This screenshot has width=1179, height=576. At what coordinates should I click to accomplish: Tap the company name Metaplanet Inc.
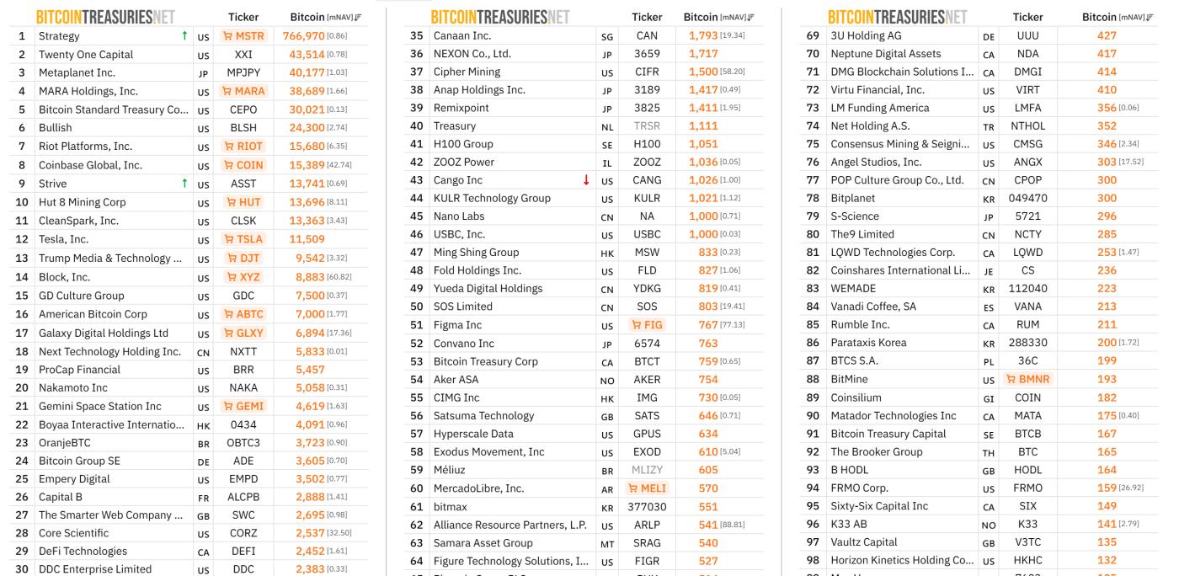pos(77,73)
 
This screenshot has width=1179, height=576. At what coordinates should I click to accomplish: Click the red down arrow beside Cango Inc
pos(586,180)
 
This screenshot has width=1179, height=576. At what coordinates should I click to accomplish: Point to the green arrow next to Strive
pos(184,184)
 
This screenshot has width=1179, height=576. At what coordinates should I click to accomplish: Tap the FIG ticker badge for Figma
pos(647,325)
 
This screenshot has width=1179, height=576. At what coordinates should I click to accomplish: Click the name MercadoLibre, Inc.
pos(478,488)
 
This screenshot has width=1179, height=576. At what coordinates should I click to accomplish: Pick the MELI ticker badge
pos(647,488)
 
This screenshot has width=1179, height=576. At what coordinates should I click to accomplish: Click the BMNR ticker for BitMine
pos(1027,379)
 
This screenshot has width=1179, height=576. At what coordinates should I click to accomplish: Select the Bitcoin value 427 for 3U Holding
pos(1107,35)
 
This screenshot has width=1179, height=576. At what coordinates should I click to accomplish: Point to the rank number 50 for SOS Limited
pos(416,307)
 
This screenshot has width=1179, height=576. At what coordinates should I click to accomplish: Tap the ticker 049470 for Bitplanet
pos(1027,198)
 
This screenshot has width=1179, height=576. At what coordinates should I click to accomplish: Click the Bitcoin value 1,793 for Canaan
pos(703,35)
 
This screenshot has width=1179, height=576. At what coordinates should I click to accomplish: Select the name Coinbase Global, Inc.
pos(90,165)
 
